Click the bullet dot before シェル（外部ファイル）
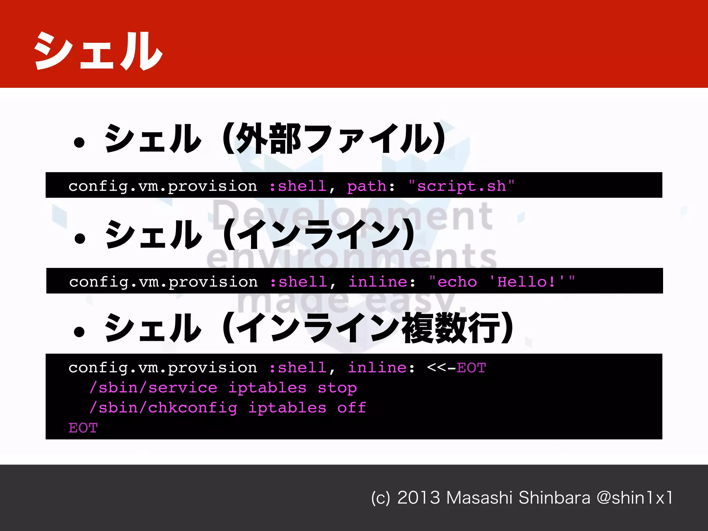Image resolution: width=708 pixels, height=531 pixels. tap(79, 142)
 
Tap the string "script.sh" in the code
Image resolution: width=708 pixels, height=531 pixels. tap(462, 186)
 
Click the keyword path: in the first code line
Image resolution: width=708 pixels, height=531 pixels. tap(371, 186)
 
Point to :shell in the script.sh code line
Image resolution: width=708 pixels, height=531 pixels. tap(298, 186)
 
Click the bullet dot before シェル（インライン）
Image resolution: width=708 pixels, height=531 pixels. tap(80, 238)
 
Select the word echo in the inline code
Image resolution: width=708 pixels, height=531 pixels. tap(457, 282)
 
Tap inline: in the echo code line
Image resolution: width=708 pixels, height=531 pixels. tap(381, 282)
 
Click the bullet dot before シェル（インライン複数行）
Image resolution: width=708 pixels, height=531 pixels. tap(79, 332)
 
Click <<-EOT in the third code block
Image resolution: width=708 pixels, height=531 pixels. tap(457, 367)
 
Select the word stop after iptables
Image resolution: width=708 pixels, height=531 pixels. tap(337, 388)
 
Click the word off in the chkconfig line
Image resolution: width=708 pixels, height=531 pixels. tap(352, 408)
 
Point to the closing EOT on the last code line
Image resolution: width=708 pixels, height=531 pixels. tap(83, 428)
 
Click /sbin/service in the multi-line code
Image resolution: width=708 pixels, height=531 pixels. tap(153, 388)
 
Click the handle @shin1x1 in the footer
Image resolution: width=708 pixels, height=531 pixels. tap(635, 498)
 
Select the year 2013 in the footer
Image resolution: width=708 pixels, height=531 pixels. tap(419, 498)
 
